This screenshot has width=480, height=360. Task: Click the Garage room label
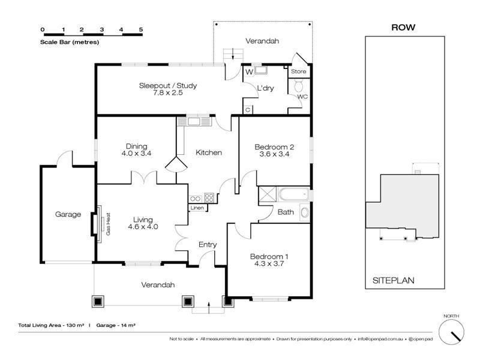[68, 214]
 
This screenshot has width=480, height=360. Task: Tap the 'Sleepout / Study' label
[168, 86]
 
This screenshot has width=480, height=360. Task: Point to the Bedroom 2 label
[274, 147]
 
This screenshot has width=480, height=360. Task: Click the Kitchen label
[209, 152]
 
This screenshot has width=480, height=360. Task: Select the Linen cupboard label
[197, 208]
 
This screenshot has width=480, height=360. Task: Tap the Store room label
[298, 71]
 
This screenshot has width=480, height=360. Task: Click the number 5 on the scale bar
[141, 29]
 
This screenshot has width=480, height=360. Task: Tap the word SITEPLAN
[394, 280]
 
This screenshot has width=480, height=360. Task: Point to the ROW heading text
[403, 27]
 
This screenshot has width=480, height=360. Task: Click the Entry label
[207, 245]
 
